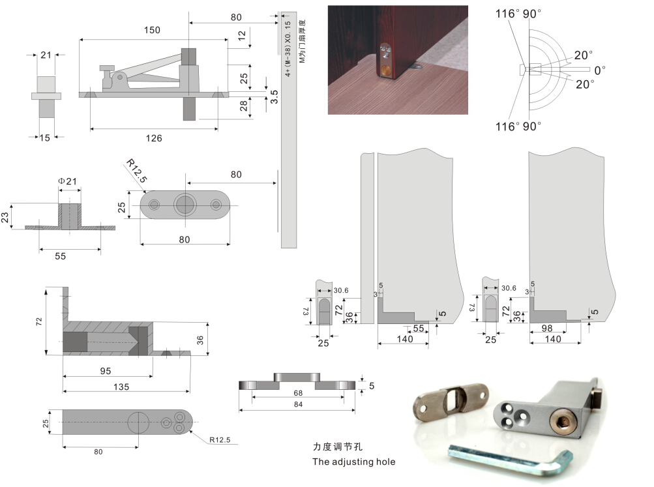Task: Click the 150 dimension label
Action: pyautogui.click(x=151, y=30)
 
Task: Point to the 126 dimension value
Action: pyautogui.click(x=154, y=138)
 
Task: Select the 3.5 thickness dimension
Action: pyautogui.click(x=275, y=96)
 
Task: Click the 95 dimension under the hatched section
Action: pyautogui.click(x=106, y=370)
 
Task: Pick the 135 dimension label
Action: pyautogui.click(x=121, y=386)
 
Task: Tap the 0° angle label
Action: pyautogui.click(x=599, y=69)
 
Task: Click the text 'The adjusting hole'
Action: pyautogui.click(x=353, y=462)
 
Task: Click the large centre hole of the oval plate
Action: pyautogui.click(x=185, y=205)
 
